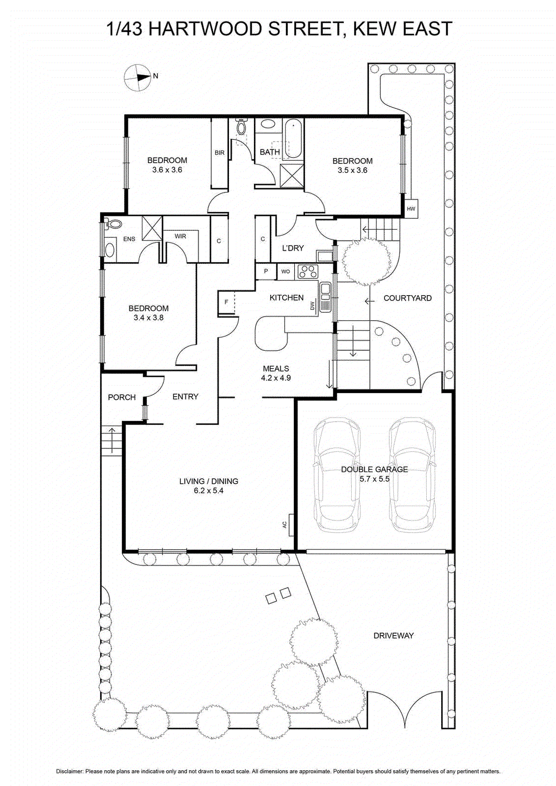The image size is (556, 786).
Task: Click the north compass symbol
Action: (x=138, y=77)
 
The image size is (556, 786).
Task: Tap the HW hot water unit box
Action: (x=411, y=209)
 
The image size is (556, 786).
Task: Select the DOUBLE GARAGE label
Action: (x=374, y=469)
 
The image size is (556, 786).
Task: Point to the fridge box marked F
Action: (x=227, y=302)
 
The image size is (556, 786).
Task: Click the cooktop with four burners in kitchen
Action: (x=306, y=271)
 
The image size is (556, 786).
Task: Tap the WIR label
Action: (x=180, y=236)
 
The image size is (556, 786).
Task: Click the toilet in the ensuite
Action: (x=113, y=225)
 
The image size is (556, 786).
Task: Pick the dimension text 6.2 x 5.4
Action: (x=208, y=491)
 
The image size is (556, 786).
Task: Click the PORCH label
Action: (x=122, y=397)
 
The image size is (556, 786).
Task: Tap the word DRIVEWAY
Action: (x=393, y=636)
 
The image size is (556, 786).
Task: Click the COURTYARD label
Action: (x=407, y=298)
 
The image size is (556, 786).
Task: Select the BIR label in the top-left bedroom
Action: (x=220, y=152)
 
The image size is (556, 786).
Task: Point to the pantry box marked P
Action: (x=266, y=271)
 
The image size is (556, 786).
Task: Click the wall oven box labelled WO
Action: (x=285, y=272)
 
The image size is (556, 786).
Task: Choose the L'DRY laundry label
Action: (x=293, y=248)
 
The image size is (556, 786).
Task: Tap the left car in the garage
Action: (x=337, y=475)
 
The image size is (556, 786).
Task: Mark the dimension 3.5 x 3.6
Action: (x=352, y=170)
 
